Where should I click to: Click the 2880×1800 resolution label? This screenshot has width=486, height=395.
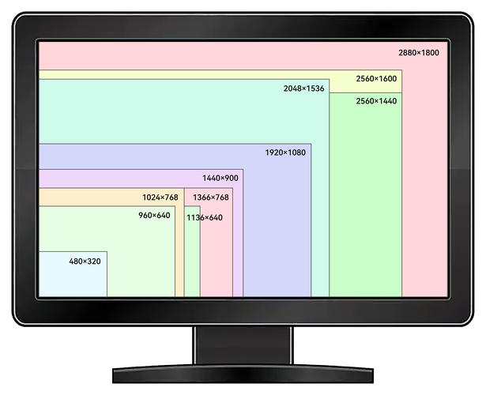tap(418, 52)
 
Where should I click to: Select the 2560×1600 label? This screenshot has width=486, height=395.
tap(376, 78)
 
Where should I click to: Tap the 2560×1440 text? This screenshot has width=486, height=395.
tap(376, 101)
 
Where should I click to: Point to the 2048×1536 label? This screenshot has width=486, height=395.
tap(303, 88)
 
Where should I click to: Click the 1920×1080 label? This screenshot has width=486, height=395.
tap(284, 152)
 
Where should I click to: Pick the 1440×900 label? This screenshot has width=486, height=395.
tap(220, 178)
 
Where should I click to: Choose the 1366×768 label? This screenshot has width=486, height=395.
tap(210, 197)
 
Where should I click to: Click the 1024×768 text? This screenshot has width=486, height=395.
tap(160, 197)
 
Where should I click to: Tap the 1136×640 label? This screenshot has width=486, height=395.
tap(204, 217)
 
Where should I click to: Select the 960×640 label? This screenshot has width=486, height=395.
tap(154, 216)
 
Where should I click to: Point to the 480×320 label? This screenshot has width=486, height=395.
tap(85, 261)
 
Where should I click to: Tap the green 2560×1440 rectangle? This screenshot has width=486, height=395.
tap(365, 205)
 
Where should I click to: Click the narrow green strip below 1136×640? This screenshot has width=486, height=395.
tap(192, 261)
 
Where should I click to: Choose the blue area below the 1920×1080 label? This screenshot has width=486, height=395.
tap(277, 229)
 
